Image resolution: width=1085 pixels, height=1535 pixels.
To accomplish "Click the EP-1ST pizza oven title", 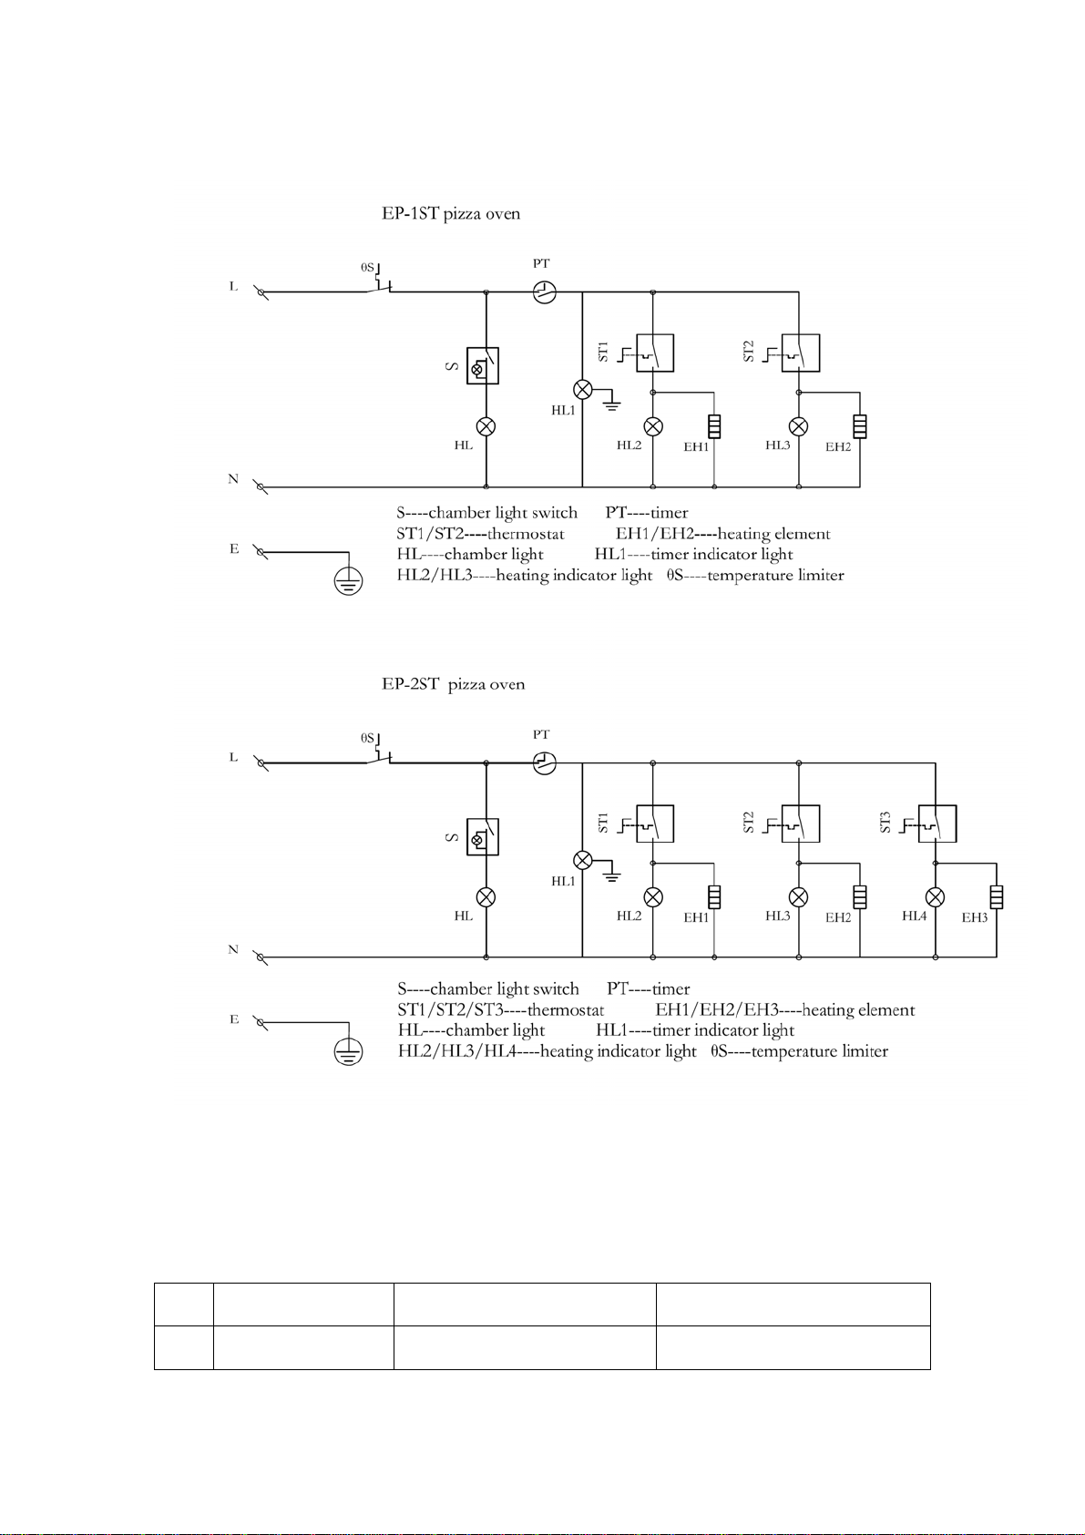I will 451,214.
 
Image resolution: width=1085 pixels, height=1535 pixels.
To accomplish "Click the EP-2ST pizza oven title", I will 453,684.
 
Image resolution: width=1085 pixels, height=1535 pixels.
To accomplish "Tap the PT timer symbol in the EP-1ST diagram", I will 544,292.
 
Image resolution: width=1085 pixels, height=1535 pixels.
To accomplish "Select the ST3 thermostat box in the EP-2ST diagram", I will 937,824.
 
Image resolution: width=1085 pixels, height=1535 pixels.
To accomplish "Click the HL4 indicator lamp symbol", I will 936,896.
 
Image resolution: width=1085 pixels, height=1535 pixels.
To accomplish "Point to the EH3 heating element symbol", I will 997,896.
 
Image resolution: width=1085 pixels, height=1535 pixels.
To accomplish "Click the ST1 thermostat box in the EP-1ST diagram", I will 655,353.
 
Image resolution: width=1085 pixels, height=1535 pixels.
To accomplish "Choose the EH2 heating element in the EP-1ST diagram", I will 859,426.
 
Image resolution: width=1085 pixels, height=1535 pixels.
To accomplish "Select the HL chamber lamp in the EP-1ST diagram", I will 486,426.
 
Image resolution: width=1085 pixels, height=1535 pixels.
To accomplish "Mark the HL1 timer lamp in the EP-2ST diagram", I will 582,860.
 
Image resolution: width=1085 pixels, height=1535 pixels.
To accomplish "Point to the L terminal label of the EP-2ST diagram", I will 233,757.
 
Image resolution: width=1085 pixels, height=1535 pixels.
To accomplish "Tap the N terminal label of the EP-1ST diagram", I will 233,479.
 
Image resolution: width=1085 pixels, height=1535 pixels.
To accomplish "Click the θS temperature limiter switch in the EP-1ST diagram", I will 379,287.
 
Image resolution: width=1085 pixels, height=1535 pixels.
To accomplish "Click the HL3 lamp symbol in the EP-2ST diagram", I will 799,896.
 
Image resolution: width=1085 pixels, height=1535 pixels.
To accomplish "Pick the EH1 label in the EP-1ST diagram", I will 697,447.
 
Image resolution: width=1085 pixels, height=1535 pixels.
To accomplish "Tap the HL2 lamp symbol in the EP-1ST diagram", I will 653,426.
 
